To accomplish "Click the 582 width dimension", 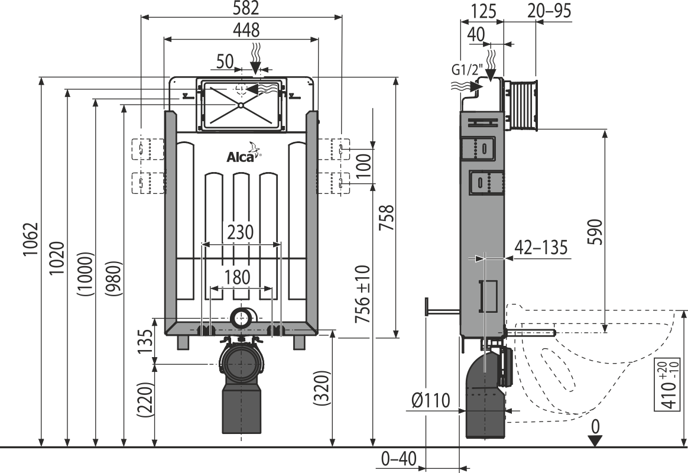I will point(242,9).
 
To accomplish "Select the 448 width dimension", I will point(242,30).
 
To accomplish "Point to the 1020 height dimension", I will point(57,258).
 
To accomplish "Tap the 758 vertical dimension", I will point(387,220).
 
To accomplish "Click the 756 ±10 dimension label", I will point(363,294).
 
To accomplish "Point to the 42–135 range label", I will point(541,248).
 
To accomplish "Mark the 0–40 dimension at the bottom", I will point(399,459).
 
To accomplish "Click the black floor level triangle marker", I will point(595,440).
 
